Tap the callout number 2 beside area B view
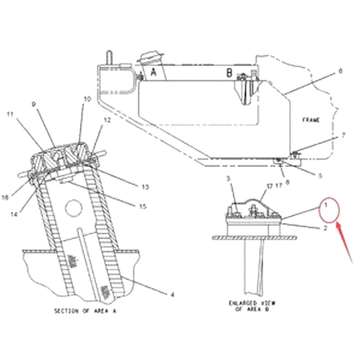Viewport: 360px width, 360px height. [325, 228]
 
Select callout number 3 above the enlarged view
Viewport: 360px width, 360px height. [228, 179]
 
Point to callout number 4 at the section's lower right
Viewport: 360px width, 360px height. [172, 295]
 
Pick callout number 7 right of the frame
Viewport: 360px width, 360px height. [343, 135]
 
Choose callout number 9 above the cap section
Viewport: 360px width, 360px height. [33, 104]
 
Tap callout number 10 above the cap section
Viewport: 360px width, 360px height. [87, 99]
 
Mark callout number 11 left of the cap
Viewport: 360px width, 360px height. [9, 114]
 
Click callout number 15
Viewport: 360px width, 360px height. [143, 206]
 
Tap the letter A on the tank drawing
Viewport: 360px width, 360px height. [153, 72]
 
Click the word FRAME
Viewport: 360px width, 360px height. [310, 120]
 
